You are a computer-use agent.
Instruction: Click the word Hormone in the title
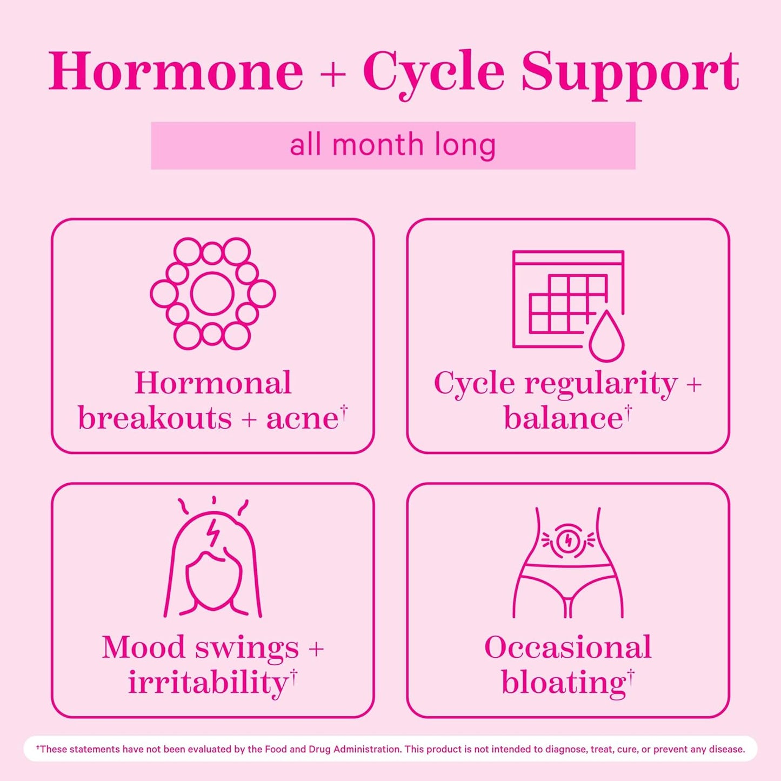tap(176, 72)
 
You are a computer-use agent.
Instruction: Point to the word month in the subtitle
tap(377, 145)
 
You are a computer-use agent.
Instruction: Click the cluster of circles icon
tap(212, 293)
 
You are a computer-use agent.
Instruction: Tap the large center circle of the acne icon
tap(212, 293)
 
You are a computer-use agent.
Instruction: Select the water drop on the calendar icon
tap(606, 338)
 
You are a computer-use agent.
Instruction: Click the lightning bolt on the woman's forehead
tap(214, 532)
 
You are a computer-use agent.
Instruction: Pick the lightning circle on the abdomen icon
tap(568, 539)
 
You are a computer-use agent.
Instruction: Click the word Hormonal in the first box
tap(213, 383)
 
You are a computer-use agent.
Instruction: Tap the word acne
tap(302, 418)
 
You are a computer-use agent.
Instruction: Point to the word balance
tap(563, 418)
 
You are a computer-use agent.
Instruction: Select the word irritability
tap(208, 683)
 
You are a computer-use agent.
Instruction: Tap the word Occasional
tap(568, 648)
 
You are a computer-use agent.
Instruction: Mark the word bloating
tap(563, 683)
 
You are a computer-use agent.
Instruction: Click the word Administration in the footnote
tap(367, 749)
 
